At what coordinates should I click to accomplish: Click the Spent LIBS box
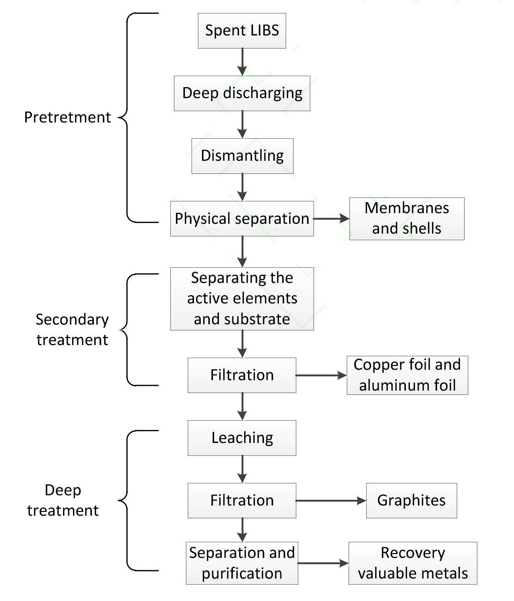click(x=242, y=31)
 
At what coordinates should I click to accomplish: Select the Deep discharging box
click(x=242, y=93)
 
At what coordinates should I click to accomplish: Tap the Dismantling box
click(x=242, y=156)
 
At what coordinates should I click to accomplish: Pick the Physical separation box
click(x=242, y=219)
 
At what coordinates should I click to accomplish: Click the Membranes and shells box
click(x=407, y=219)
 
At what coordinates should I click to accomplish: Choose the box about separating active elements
click(x=242, y=299)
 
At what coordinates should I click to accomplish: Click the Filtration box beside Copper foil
click(x=242, y=375)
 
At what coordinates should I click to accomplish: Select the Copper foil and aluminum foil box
click(x=407, y=375)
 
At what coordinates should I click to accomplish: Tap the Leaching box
click(x=242, y=438)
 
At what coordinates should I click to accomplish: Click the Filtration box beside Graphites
click(x=242, y=501)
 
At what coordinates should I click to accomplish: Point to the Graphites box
click(x=411, y=501)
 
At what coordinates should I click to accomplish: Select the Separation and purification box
click(x=242, y=563)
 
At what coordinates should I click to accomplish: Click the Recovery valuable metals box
click(x=413, y=563)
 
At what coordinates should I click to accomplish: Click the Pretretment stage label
click(x=67, y=117)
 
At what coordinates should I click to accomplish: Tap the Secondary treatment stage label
click(x=72, y=329)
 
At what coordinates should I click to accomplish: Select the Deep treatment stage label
click(x=63, y=500)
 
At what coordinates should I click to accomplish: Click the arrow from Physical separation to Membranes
click(x=331, y=218)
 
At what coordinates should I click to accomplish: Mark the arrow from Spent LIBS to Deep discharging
click(x=242, y=62)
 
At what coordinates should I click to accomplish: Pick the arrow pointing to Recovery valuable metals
click(x=323, y=563)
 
